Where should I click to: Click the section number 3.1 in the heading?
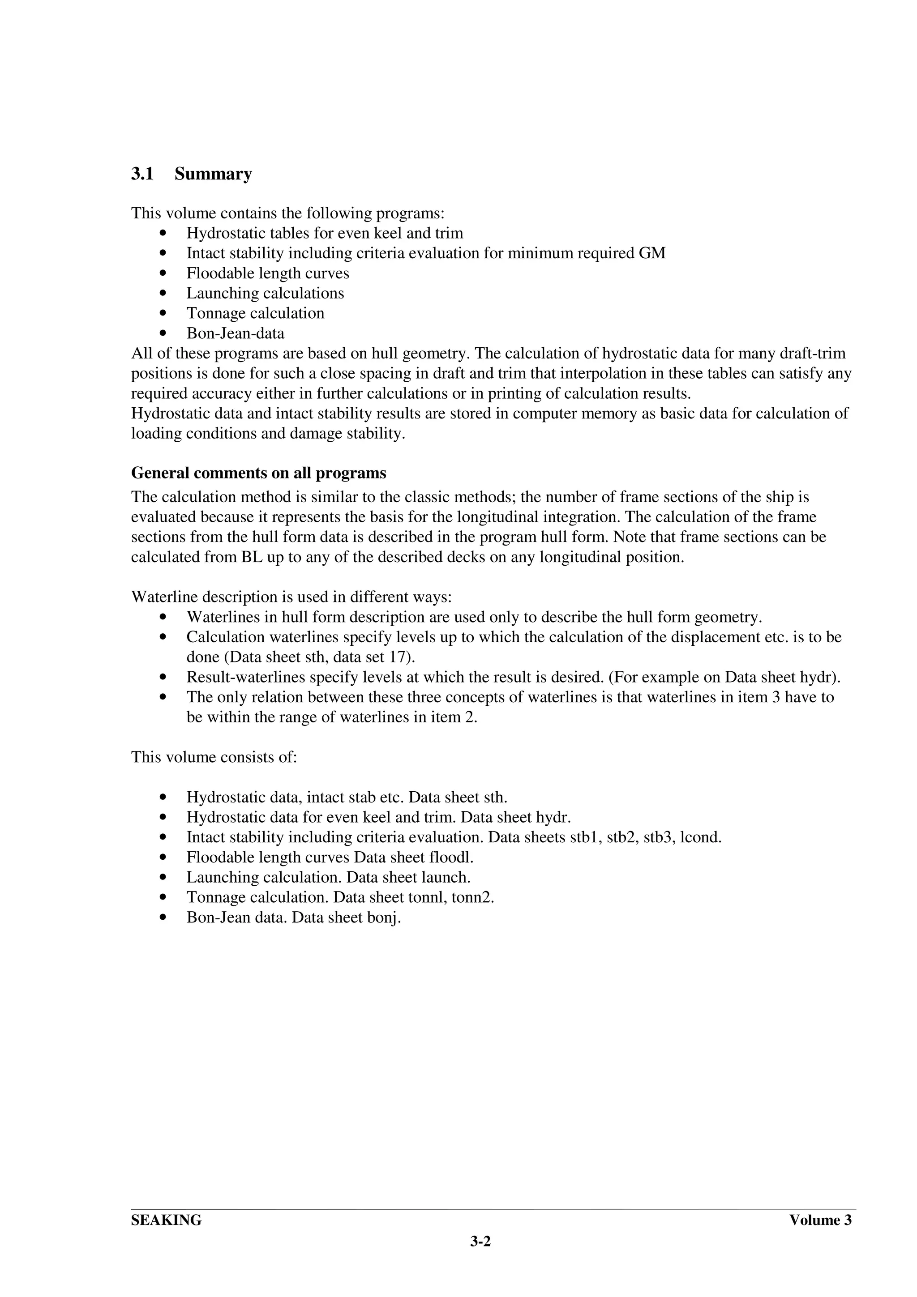(142, 174)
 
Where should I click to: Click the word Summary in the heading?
(213, 174)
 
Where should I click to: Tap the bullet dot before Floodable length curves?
(163, 273)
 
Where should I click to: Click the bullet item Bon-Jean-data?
(235, 333)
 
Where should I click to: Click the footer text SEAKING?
(166, 1220)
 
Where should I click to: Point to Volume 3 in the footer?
(820, 1220)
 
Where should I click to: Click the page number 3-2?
(480, 1241)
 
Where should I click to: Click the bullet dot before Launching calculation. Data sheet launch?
(163, 877)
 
